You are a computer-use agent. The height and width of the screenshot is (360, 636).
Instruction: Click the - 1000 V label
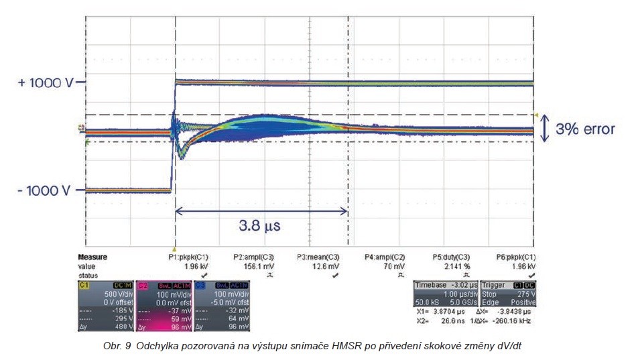[x=44, y=190]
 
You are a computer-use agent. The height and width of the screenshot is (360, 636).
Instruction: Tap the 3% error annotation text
[x=585, y=129]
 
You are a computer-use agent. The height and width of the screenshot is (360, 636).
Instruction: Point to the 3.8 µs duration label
[x=261, y=225]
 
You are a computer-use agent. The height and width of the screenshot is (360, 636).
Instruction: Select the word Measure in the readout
[x=92, y=257]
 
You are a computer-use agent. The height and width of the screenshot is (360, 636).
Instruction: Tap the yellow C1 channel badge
[x=84, y=285]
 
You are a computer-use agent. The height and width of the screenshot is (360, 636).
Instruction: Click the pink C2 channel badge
[x=142, y=285]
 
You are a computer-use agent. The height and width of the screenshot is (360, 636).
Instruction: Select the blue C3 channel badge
[x=199, y=285]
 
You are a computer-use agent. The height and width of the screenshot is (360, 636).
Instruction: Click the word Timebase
[x=430, y=285]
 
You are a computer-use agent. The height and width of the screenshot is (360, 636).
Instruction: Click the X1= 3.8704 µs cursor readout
[x=436, y=312]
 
